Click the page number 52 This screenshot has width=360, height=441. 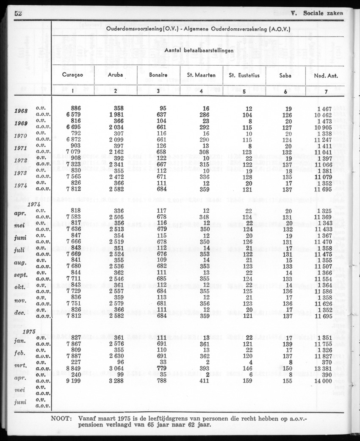(18, 13)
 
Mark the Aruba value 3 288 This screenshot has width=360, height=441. (115, 381)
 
